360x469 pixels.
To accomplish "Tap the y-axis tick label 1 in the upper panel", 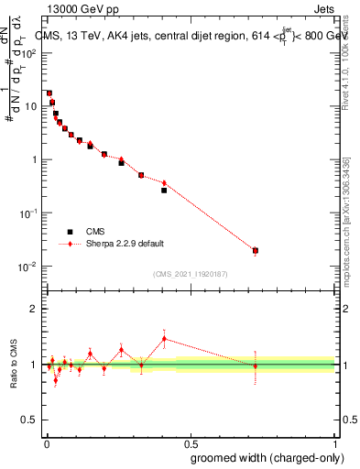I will pos(35,159).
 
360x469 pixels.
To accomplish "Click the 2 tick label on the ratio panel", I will pos(35,309).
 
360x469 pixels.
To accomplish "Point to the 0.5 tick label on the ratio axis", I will pos(30,420).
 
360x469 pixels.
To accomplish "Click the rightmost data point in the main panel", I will pos(256,250).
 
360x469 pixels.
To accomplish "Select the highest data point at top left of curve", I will pos(49,93).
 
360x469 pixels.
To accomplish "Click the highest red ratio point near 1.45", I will pos(164,339).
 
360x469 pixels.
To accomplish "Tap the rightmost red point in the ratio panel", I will pos(256,365).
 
